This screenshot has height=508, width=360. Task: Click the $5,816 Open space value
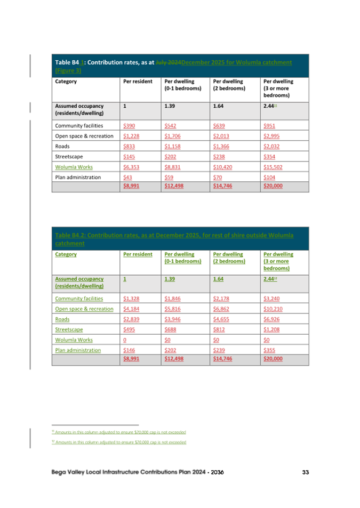coord(173,309)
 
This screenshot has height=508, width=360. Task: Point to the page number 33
coord(305,472)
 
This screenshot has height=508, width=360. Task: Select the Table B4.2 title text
coord(174,239)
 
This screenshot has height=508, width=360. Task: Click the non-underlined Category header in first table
coord(66,82)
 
